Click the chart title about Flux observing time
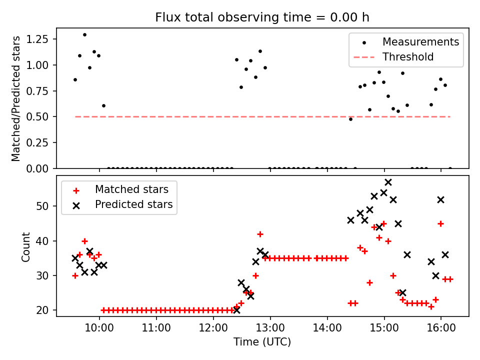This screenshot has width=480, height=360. [x=262, y=17]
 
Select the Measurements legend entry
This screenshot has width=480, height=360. [x=420, y=42]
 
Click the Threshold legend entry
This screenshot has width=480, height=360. [x=408, y=57]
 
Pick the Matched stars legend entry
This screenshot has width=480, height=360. [x=131, y=189]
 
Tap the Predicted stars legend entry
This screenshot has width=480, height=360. [x=133, y=204]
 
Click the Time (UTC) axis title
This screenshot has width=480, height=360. [x=262, y=342]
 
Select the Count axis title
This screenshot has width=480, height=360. [x=25, y=246]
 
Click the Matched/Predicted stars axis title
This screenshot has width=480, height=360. [x=16, y=98]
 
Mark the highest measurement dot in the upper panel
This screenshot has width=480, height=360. [x=84, y=35]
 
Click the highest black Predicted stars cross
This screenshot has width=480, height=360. [x=388, y=182]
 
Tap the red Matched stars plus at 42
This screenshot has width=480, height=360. [x=260, y=234]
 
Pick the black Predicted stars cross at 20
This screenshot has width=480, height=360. [x=236, y=310]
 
